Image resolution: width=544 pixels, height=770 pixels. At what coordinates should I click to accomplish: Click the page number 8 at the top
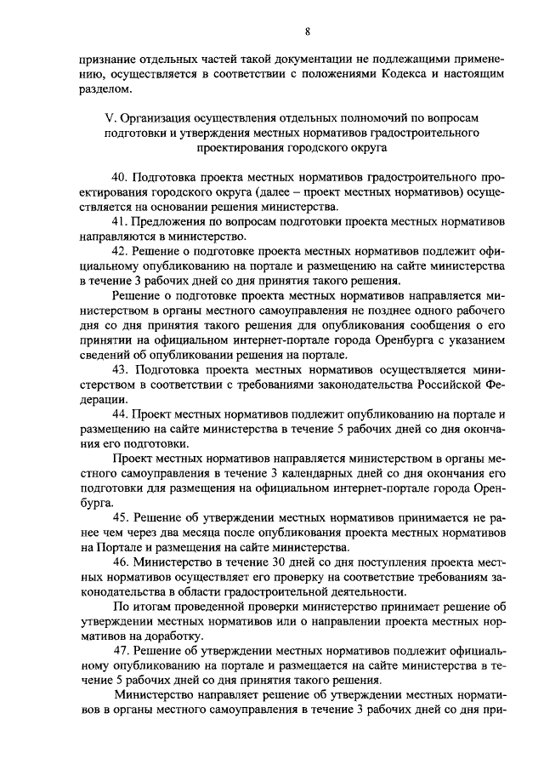pos(307,33)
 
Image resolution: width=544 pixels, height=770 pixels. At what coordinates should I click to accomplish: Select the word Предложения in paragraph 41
pos(173,221)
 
